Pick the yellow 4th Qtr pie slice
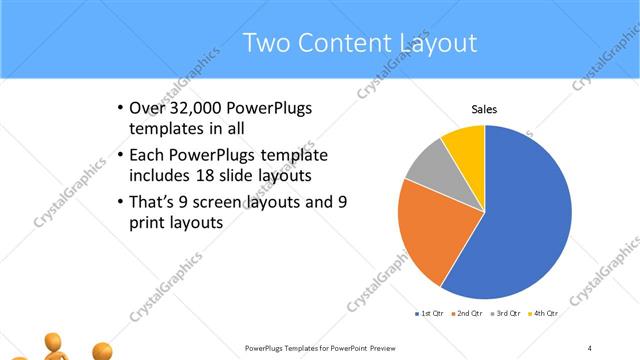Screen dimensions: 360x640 click(466, 143)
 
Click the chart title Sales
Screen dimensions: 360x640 click(484, 109)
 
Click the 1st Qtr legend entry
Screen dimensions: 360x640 click(431, 314)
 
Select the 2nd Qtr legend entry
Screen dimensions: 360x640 click(471, 314)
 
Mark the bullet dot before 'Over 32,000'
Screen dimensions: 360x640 click(119, 108)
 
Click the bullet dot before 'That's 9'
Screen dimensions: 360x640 click(119, 202)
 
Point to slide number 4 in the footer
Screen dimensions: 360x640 click(589, 348)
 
